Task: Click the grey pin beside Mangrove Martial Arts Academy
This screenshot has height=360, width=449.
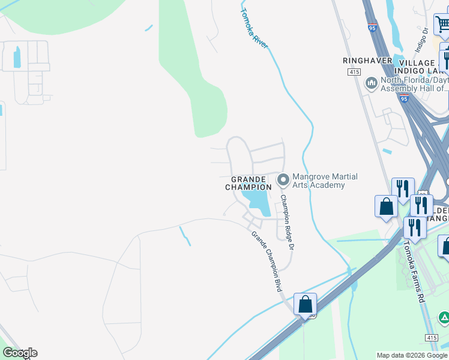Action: click(283, 179)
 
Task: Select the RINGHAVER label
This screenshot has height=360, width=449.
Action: click(367, 61)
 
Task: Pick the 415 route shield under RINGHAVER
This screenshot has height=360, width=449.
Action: click(354, 72)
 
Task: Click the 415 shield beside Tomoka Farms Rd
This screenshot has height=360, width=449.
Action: click(431, 338)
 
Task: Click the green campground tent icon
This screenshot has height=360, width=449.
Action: click(444, 317)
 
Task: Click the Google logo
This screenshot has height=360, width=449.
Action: click(20, 353)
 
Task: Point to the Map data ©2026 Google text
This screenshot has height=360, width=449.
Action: click(412, 355)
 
